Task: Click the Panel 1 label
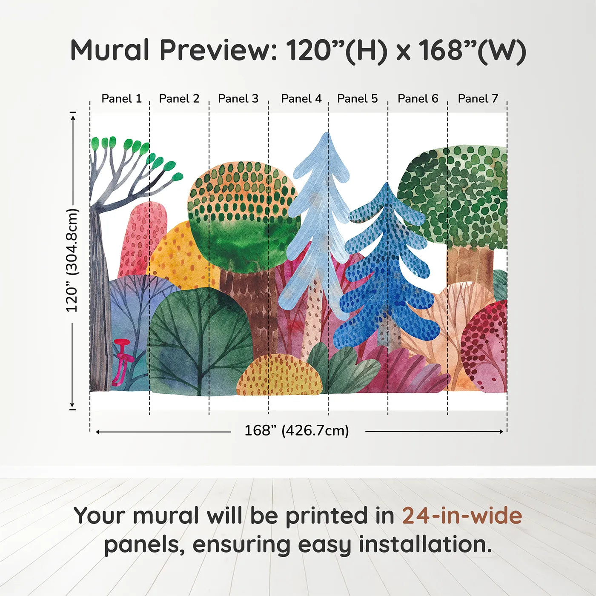pyautogui.click(x=121, y=99)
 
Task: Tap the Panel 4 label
pyautogui.click(x=301, y=99)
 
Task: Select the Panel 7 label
pyautogui.click(x=478, y=99)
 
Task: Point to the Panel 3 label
pyautogui.click(x=238, y=99)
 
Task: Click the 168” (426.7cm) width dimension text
pyautogui.click(x=296, y=431)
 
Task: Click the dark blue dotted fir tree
pyautogui.click(x=385, y=272)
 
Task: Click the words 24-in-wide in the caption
pyautogui.click(x=462, y=516)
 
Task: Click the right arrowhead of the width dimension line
pyautogui.click(x=501, y=432)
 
